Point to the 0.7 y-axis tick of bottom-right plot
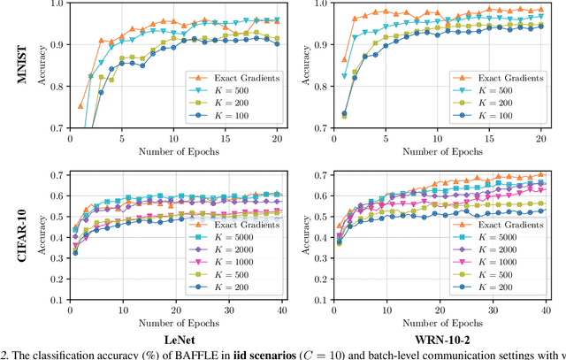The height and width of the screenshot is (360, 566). tap(322, 175)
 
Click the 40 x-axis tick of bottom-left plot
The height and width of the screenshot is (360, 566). tap(281, 311)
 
